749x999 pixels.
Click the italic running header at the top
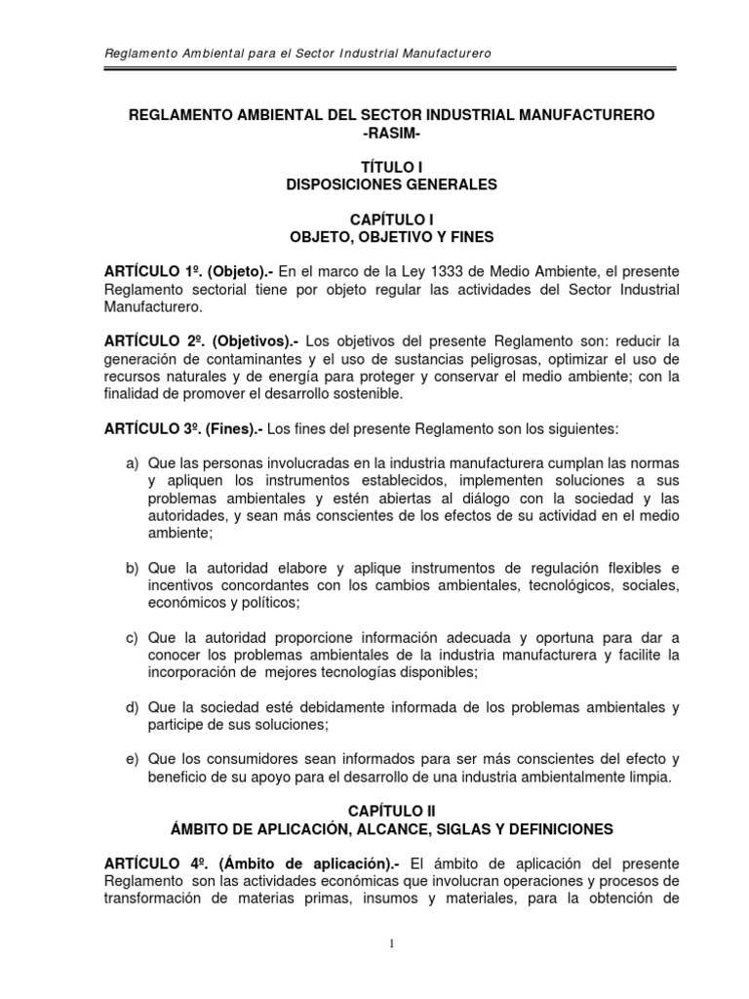click(296, 52)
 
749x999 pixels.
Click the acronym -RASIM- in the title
click(374, 134)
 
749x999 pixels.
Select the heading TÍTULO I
click(374, 168)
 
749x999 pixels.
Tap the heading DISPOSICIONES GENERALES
click(374, 184)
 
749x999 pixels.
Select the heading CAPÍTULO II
click(374, 810)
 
